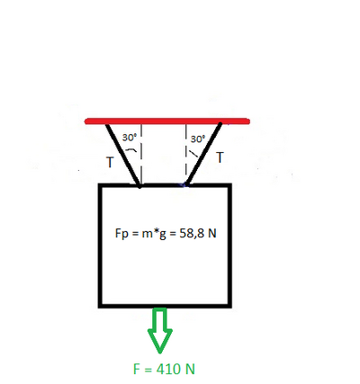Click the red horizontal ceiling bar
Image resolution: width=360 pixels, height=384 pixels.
tap(167, 121)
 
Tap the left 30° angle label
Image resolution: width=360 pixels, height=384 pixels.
tap(130, 138)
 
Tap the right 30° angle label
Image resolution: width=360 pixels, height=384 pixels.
tap(198, 139)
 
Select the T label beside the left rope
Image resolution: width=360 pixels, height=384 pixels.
tap(111, 163)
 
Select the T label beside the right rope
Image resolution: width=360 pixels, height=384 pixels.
tap(220, 157)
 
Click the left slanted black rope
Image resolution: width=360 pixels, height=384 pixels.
tap(123, 156)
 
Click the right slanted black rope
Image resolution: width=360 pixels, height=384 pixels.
tap(203, 154)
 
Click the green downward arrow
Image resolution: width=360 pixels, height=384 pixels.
tap(160, 330)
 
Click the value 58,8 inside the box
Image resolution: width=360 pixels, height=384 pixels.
tap(191, 233)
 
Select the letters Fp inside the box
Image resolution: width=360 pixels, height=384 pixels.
tap(121, 234)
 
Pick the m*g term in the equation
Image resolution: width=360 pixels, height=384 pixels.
tap(154, 234)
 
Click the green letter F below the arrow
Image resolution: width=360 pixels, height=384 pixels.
tap(137, 369)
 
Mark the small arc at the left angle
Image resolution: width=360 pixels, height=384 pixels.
tap(130, 150)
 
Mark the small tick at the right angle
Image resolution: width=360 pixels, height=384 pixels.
tap(193, 153)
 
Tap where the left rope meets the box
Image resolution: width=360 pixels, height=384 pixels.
tap(139, 186)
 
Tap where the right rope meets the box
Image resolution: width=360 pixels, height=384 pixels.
tap(186, 184)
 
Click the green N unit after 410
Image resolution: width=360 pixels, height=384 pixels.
tap(190, 369)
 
